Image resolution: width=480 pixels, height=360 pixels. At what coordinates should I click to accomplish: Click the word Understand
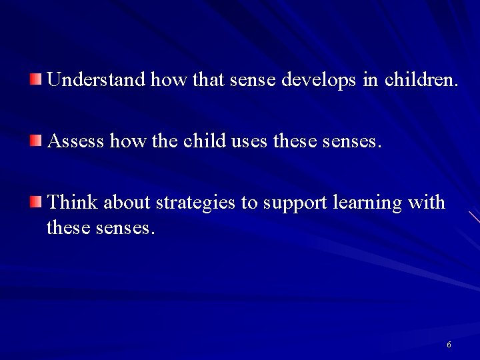tap(97, 81)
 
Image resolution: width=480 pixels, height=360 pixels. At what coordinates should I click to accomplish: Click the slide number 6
tap(449, 345)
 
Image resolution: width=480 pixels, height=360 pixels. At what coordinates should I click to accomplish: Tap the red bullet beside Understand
tap(36, 81)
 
